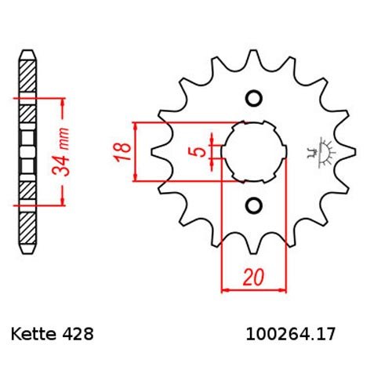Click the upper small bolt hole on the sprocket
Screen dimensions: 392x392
point(253,98)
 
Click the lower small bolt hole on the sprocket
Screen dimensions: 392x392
point(253,205)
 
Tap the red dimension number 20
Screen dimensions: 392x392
point(253,277)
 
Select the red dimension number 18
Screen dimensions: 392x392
point(122,151)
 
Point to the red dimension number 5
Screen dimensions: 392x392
point(201,151)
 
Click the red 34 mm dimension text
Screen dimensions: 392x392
point(60,151)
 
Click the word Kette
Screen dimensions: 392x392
point(34,334)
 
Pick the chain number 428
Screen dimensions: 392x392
point(77,334)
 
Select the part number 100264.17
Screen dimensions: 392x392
point(290,334)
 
